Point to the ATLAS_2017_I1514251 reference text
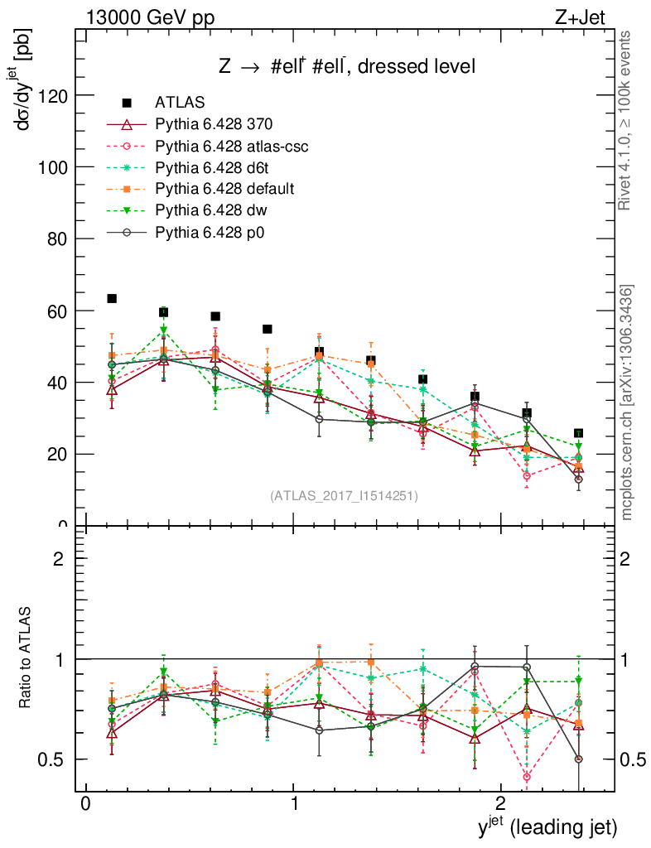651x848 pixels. (344, 496)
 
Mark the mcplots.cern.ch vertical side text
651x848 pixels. (627, 402)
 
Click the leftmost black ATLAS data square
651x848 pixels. (112, 298)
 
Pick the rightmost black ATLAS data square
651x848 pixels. (578, 433)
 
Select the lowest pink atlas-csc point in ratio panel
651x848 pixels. (527, 777)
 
